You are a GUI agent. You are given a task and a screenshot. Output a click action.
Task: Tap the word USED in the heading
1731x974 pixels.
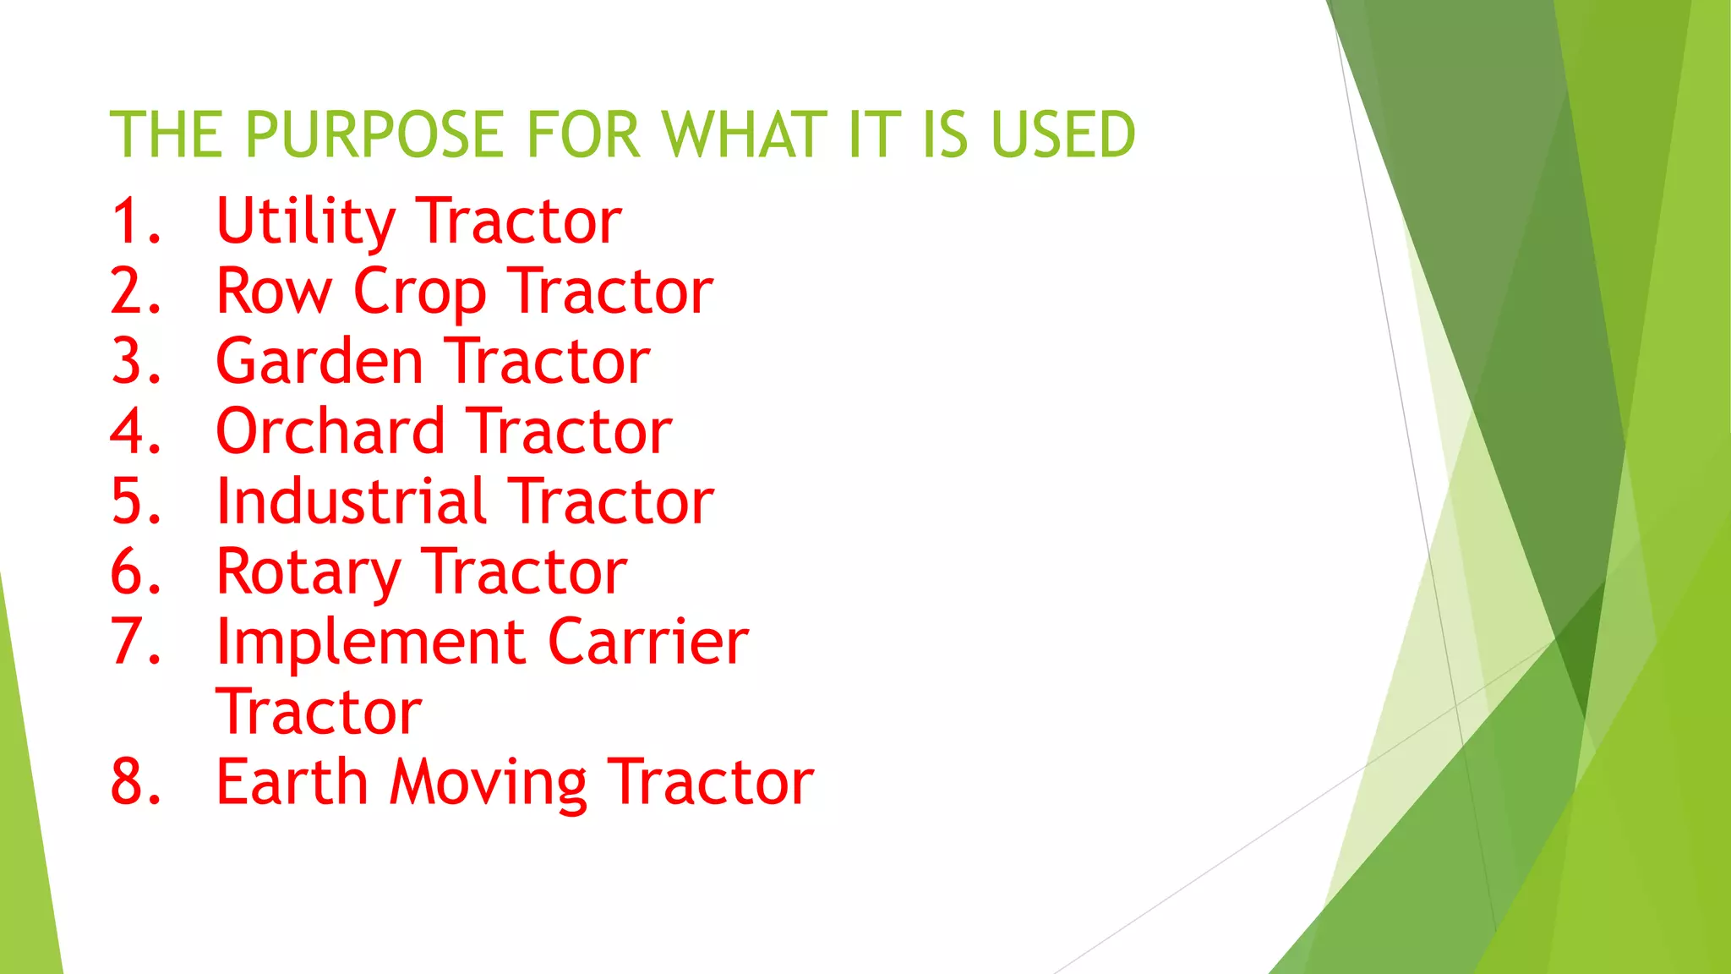[x=1062, y=134]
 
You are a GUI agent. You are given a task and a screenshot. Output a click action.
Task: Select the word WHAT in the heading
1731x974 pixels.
[x=744, y=134]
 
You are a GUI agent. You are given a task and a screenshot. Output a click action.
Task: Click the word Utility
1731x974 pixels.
[x=305, y=222]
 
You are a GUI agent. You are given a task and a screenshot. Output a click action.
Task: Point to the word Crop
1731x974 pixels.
[x=419, y=293]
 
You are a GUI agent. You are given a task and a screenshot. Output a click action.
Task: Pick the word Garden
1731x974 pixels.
[x=319, y=362]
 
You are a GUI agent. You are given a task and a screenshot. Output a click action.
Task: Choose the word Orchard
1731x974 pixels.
[x=330, y=431]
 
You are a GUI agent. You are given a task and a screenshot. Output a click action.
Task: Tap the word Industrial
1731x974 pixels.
[x=352, y=501]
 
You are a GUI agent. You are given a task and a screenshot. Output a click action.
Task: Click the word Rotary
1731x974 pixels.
[x=308, y=573]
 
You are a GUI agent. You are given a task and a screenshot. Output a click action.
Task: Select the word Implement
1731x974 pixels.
[x=370, y=643]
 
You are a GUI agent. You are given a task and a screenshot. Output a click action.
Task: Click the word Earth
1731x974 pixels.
[x=292, y=781]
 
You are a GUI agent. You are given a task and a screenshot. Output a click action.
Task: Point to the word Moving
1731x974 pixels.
[x=488, y=783]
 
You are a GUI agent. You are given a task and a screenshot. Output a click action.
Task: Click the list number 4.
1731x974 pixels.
[x=134, y=431]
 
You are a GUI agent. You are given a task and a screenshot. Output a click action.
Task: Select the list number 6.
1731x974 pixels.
[x=134, y=572]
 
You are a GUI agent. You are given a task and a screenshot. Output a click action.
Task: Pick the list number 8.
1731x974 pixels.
[x=134, y=781]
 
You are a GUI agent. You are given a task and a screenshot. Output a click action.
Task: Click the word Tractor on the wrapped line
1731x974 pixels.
[x=319, y=712]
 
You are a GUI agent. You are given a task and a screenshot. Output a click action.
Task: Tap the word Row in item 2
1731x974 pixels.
[x=274, y=292]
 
